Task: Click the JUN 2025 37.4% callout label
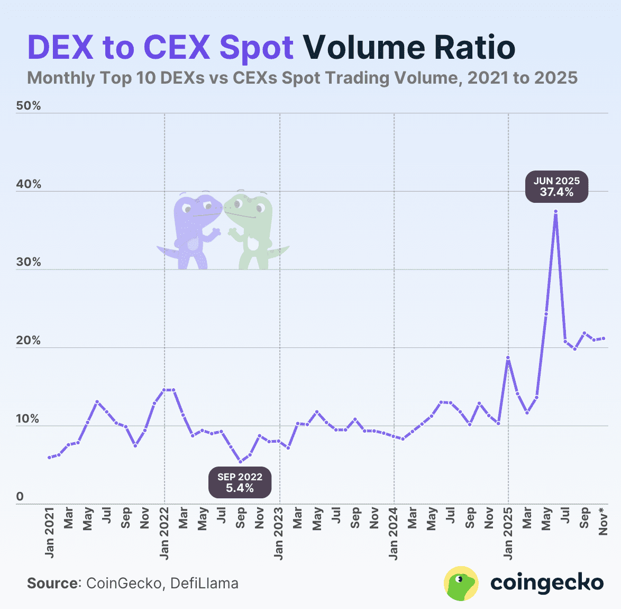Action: [x=556, y=186]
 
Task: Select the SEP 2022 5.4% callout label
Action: [x=240, y=482]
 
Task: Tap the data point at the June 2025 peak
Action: [x=555, y=211]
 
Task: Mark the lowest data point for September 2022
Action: [x=240, y=461]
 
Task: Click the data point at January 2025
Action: [x=508, y=358]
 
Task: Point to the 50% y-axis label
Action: [x=29, y=106]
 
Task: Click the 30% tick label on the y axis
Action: [x=29, y=263]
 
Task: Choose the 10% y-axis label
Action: [x=29, y=419]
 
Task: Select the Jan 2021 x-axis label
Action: [x=50, y=533]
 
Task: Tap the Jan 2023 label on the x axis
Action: [x=279, y=533]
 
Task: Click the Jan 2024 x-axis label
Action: [x=394, y=533]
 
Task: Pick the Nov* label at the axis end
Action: [x=603, y=522]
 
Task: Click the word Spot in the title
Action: [x=256, y=48]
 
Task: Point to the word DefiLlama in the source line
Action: [x=204, y=584]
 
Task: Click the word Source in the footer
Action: [x=52, y=584]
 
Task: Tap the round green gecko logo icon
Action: [x=461, y=584]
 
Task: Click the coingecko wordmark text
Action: [x=547, y=583]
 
